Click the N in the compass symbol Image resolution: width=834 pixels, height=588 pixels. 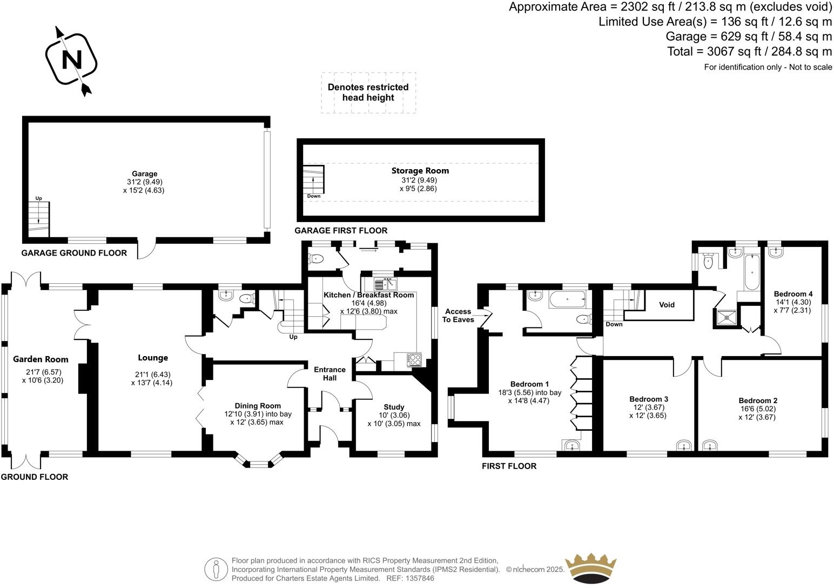point(71,59)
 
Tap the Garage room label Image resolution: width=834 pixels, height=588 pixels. point(145,173)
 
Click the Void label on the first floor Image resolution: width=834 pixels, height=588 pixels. point(667,305)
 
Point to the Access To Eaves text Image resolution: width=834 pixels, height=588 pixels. point(458,316)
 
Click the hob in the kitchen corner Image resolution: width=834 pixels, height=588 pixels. point(414,359)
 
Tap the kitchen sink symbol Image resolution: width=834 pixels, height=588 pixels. point(385,284)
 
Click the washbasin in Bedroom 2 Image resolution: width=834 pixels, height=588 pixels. point(711,445)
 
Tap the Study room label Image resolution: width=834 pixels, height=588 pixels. point(394,407)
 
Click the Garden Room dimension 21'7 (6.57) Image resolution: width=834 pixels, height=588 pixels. point(41,372)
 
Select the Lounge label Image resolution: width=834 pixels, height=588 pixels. point(153,358)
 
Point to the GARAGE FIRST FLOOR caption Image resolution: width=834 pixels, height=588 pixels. point(340,231)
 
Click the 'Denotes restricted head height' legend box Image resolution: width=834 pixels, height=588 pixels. point(368,92)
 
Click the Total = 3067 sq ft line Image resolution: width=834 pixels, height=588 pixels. point(749,52)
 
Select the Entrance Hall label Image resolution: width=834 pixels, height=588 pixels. point(329,373)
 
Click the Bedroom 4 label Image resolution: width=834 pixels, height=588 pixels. point(793,294)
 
